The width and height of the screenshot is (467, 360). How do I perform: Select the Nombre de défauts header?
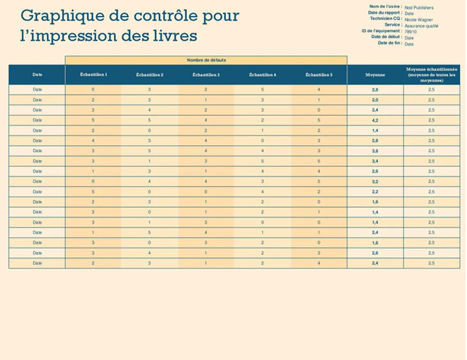pos(206,60)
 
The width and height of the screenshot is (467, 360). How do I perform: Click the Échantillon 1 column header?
pos(93,75)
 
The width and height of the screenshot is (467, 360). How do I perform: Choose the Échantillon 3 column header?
pos(206,75)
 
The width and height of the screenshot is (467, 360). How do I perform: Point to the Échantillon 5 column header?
pos(319,75)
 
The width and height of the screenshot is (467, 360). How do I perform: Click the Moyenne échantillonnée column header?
pos(431,75)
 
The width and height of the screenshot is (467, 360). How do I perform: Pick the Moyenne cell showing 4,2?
pos(375,120)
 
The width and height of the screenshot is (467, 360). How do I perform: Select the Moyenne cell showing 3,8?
pos(375,151)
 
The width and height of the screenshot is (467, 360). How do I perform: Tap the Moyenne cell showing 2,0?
pos(375,100)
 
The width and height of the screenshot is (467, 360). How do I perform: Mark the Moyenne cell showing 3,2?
pos(375,181)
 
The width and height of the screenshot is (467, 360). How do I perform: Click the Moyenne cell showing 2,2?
pos(375,192)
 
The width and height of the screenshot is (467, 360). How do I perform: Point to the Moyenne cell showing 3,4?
pos(375,161)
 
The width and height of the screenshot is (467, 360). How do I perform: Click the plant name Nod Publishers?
pos(419,8)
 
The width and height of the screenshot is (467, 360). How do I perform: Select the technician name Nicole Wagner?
pos(418,20)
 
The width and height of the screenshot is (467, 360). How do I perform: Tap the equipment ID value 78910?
pos(410,32)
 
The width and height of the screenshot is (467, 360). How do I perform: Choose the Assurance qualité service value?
pos(421,26)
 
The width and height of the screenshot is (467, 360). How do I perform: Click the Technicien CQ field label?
pos(386,19)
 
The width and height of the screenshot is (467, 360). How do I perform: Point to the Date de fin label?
pos(390,43)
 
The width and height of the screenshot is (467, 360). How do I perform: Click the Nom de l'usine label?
pos(385,7)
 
